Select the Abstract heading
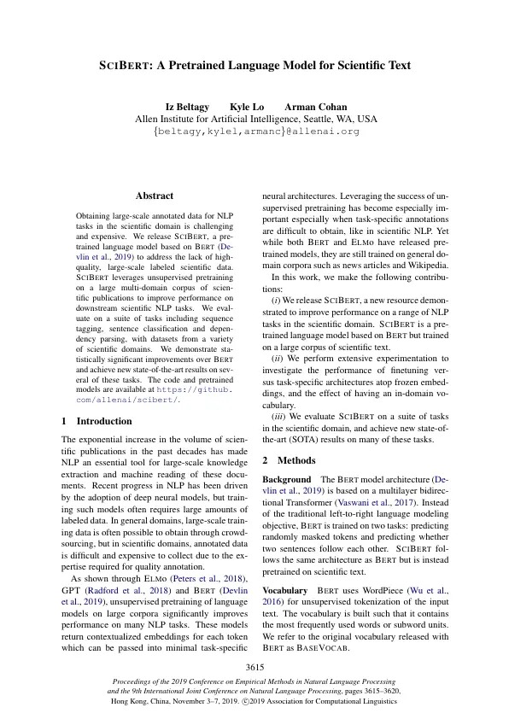tap(155, 196)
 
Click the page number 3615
tap(254, 666)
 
